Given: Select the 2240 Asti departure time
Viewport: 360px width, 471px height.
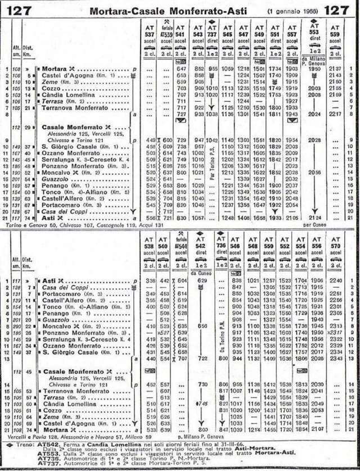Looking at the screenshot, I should [x=335, y=279].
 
